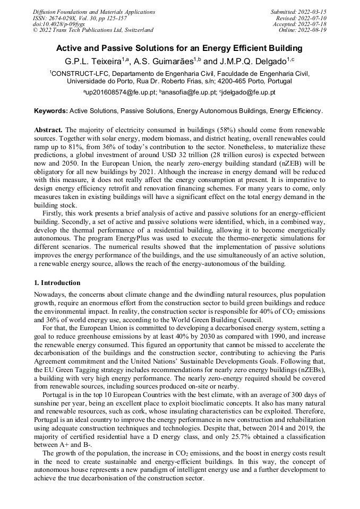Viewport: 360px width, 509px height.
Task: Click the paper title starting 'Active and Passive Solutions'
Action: click(179, 48)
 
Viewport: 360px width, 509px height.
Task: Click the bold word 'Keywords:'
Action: click(51, 111)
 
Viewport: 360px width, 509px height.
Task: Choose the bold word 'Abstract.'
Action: click(48, 130)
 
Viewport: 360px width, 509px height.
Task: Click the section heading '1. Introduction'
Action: click(57, 283)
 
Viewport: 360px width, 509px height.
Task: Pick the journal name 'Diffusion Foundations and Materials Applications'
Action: click(94, 12)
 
